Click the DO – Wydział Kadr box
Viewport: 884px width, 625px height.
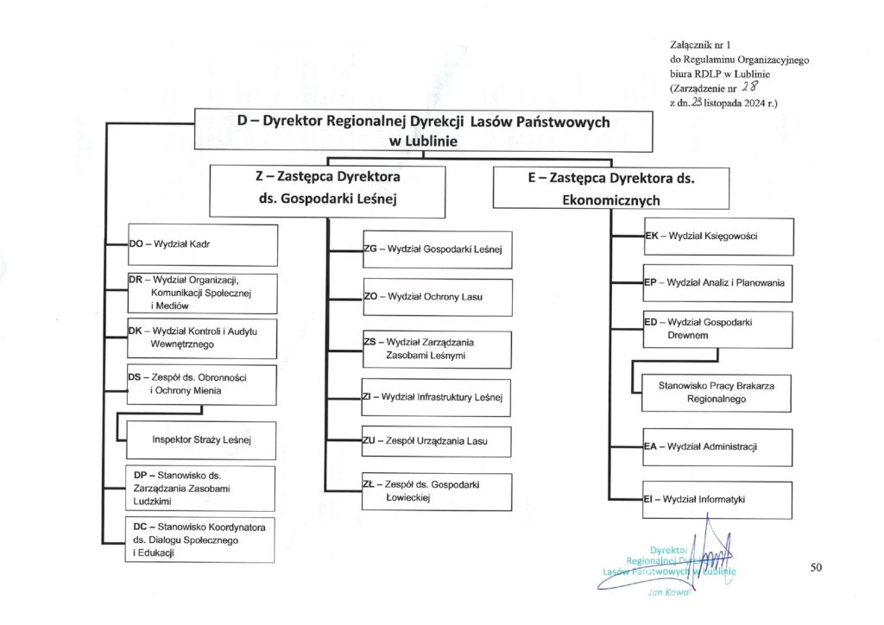[x=202, y=244]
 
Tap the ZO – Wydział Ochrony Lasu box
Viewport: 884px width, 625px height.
[x=437, y=297]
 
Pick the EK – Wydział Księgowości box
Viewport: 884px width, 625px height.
[x=718, y=236]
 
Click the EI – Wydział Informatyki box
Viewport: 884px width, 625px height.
[x=718, y=499]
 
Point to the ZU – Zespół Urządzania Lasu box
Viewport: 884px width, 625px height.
[x=437, y=441]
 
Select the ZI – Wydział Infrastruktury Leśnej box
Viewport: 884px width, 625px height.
[x=437, y=398]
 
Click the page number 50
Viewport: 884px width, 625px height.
[x=817, y=567]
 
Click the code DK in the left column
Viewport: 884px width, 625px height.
[x=136, y=331]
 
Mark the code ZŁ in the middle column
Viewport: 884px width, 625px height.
[x=369, y=484]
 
